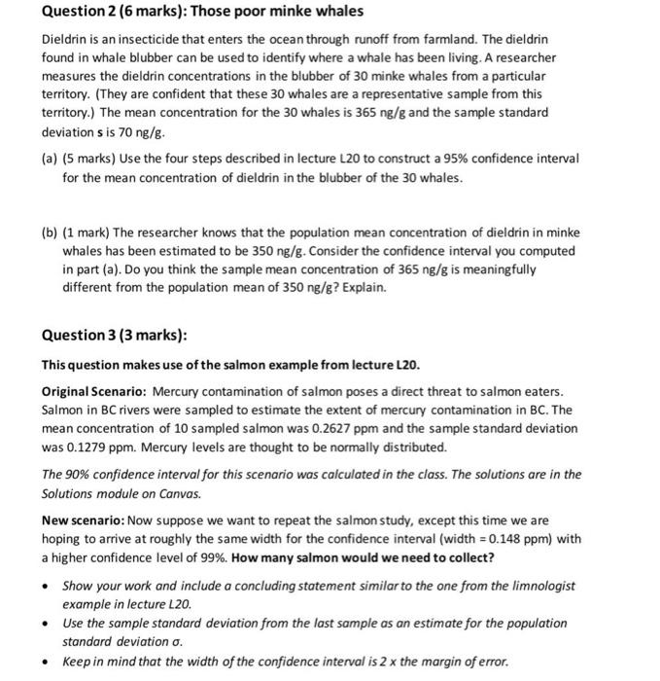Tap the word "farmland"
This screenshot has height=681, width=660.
pyautogui.click(x=518, y=39)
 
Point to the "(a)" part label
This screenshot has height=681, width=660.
pyautogui.click(x=49, y=158)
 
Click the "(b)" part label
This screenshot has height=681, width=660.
pyautogui.click(x=49, y=233)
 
